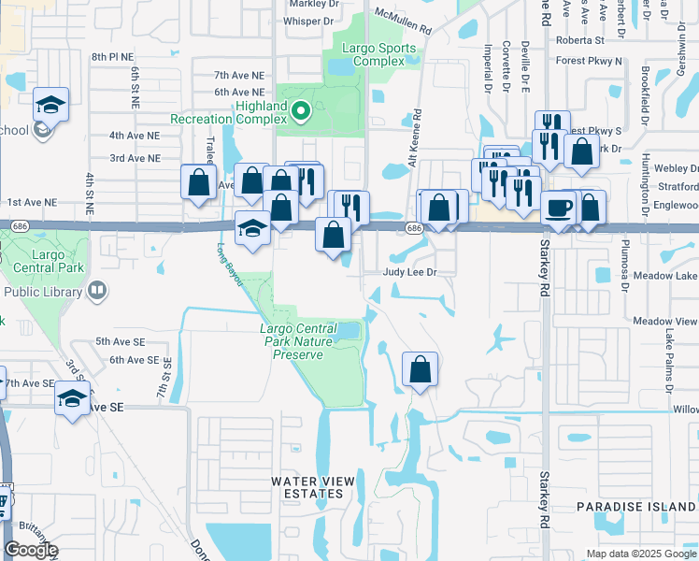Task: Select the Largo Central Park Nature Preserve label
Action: tap(296, 341)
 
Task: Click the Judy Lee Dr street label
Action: tap(409, 272)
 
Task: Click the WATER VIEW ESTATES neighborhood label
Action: tap(313, 487)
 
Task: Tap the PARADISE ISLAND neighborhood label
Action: tap(635, 506)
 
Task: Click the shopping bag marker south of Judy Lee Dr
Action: tap(421, 368)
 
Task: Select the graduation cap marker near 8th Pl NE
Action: tap(51, 104)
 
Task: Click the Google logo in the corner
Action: tap(30, 550)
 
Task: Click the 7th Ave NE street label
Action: tap(239, 75)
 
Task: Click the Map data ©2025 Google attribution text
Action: tap(641, 554)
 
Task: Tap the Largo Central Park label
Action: tap(46, 262)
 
